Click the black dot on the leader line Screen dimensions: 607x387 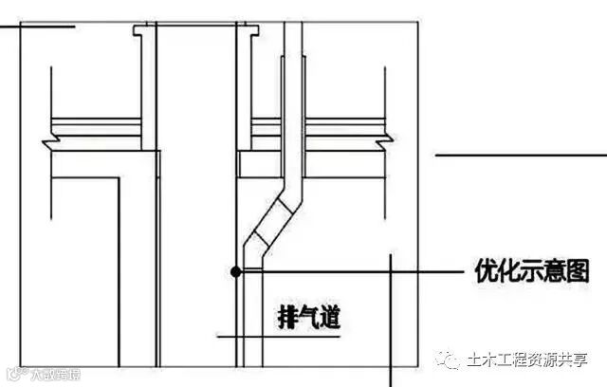(235, 271)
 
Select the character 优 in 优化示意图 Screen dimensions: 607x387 (484, 271)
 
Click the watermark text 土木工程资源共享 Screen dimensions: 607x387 (527, 360)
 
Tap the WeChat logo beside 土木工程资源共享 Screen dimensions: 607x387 (450, 359)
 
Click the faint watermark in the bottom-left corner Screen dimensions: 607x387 (42, 375)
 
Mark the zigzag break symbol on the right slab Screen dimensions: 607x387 (383, 143)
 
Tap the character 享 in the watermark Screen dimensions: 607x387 (579, 360)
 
